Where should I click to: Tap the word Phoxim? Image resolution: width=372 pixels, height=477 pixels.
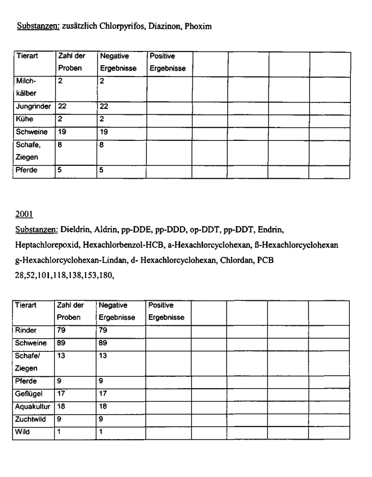pos(198,26)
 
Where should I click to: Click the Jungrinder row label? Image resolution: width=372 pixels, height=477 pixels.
pos(34,107)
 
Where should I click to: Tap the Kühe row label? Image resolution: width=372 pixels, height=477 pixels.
pos(25,119)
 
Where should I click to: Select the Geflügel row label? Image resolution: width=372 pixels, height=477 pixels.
pos(29,394)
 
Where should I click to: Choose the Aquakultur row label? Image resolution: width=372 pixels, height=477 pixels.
pos(33,406)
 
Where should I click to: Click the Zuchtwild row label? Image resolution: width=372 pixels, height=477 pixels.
pos(31,419)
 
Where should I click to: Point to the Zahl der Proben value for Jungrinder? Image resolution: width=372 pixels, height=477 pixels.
pos(62,107)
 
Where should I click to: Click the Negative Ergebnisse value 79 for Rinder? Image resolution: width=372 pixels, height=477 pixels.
pos(103,330)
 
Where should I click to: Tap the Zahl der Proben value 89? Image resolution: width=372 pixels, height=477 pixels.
pos(62,343)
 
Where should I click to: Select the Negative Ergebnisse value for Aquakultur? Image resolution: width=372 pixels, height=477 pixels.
pos(103,406)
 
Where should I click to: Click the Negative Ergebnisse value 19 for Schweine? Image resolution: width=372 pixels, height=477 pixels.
pos(104,132)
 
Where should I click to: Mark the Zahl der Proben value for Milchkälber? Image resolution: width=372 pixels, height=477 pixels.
pos(60,81)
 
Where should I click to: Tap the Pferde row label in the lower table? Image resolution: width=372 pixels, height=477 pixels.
pos(26,381)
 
